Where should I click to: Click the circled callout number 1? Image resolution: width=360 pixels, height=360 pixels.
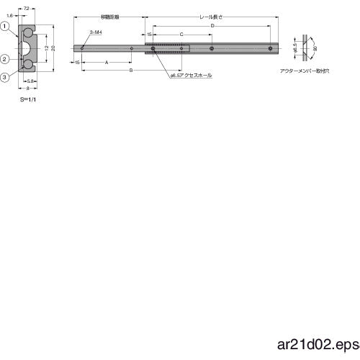tap(4, 27)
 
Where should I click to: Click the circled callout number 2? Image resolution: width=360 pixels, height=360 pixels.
tap(4, 59)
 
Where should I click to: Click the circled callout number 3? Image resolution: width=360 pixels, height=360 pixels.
tap(4, 77)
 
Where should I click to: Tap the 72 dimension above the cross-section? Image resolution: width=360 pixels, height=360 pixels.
tap(27, 6)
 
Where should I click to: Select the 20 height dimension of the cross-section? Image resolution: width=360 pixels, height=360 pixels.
tap(53, 48)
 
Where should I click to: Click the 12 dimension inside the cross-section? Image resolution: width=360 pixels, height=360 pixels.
tap(45, 48)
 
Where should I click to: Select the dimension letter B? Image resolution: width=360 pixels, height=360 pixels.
tap(130, 71)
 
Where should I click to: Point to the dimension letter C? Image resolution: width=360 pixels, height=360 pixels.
tap(181, 34)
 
